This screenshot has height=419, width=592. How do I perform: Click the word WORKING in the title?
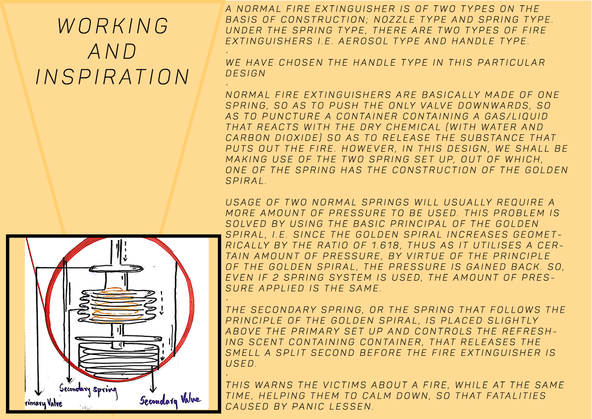pyautogui.click(x=112, y=26)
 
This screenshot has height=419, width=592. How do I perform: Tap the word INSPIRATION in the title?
pyautogui.click(x=112, y=77)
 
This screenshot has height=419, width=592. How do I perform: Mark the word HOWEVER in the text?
pyautogui.click(x=372, y=149)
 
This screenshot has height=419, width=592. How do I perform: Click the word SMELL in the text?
pyautogui.click(x=244, y=353)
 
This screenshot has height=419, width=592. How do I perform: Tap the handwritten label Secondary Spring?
pyautogui.click(x=88, y=391)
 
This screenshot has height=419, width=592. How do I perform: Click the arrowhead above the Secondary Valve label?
pyautogui.click(x=153, y=389)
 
